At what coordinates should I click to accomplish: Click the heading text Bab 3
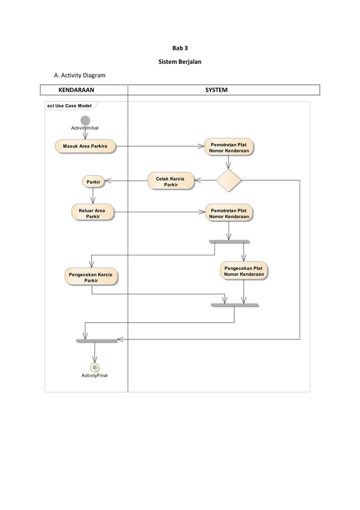pyautogui.click(x=179, y=48)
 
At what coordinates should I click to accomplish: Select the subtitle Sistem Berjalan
pyautogui.click(x=179, y=61)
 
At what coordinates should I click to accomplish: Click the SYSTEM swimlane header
pyautogui.click(x=216, y=90)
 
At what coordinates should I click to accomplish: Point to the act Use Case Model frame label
pyautogui.click(x=69, y=106)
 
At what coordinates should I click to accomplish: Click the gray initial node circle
pyautogui.click(x=85, y=120)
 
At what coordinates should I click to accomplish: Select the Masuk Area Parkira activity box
pyautogui.click(x=85, y=146)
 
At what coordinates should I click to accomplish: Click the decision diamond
pyautogui.click(x=229, y=181)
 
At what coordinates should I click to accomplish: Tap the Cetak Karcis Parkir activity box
pyautogui.click(x=170, y=181)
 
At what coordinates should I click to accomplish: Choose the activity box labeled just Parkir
pyautogui.click(x=93, y=181)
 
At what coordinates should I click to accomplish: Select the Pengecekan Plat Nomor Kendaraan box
pyautogui.click(x=244, y=271)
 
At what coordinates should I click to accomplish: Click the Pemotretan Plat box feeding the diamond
pyautogui.click(x=229, y=147)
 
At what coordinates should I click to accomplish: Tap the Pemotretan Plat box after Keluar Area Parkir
pyautogui.click(x=229, y=212)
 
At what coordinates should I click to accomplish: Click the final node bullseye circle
pyautogui.click(x=95, y=367)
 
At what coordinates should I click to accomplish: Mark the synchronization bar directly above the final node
pyautogui.click(x=96, y=341)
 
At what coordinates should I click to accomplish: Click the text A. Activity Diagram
pyautogui.click(x=79, y=75)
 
